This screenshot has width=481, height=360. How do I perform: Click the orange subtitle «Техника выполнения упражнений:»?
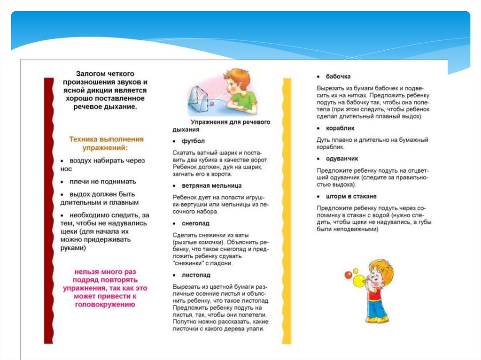pyautogui.click(x=106, y=143)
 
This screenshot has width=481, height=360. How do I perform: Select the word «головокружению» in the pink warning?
pyautogui.click(x=105, y=305)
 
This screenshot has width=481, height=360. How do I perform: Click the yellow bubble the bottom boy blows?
pyautogui.click(x=358, y=281)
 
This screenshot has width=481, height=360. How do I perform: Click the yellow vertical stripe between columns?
pyautogui.click(x=286, y=211)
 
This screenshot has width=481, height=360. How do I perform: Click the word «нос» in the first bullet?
pyautogui.click(x=66, y=169)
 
